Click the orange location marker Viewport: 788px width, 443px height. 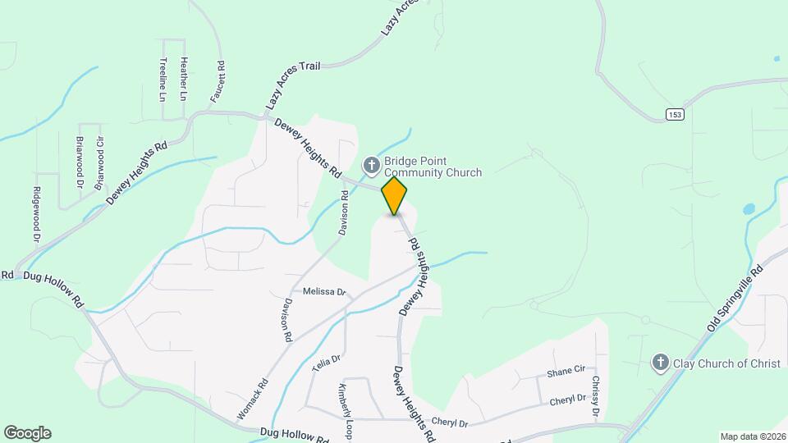pos(395,195)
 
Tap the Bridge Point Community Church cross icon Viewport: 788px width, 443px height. pos(371,166)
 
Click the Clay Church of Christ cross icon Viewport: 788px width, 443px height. pos(660,362)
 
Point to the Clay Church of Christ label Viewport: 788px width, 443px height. pos(716,363)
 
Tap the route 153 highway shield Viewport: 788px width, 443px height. pos(675,113)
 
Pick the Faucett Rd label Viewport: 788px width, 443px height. pos(218,81)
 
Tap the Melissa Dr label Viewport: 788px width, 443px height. pos(324,291)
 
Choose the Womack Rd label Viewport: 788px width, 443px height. pos(251,400)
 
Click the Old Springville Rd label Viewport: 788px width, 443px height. pos(735,299)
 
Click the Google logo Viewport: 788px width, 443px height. pos(27,433)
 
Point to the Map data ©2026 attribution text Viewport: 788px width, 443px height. pos(752,436)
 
